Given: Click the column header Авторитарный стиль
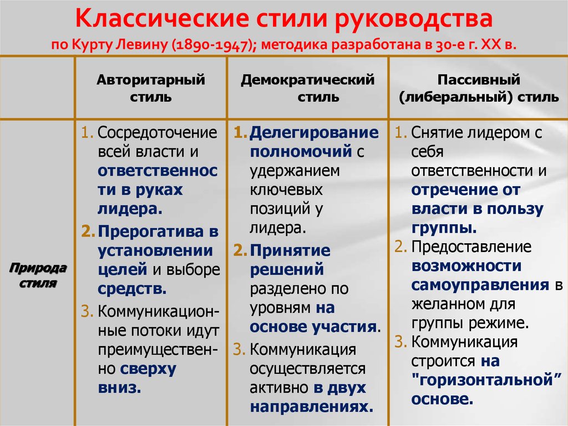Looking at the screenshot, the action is pos(151,88).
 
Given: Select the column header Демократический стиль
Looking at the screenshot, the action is pos(307,88).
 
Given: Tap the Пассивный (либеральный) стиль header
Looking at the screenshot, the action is pos(479,88).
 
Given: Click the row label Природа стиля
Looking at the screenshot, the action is pos(38,275).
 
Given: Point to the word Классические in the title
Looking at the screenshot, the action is pos(163,19).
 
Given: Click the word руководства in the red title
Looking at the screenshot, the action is pos(414,19).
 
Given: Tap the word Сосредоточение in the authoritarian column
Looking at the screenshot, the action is pos(157,133).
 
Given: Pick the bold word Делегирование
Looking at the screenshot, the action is pos(314,133).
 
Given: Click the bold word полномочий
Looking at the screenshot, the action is pos(301,151).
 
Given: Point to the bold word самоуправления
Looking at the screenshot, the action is pos(480,285).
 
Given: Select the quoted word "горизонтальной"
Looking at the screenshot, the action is pos(487,380).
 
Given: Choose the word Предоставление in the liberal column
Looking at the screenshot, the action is pos(471,247).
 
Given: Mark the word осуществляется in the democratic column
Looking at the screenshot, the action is pos(307,369).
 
